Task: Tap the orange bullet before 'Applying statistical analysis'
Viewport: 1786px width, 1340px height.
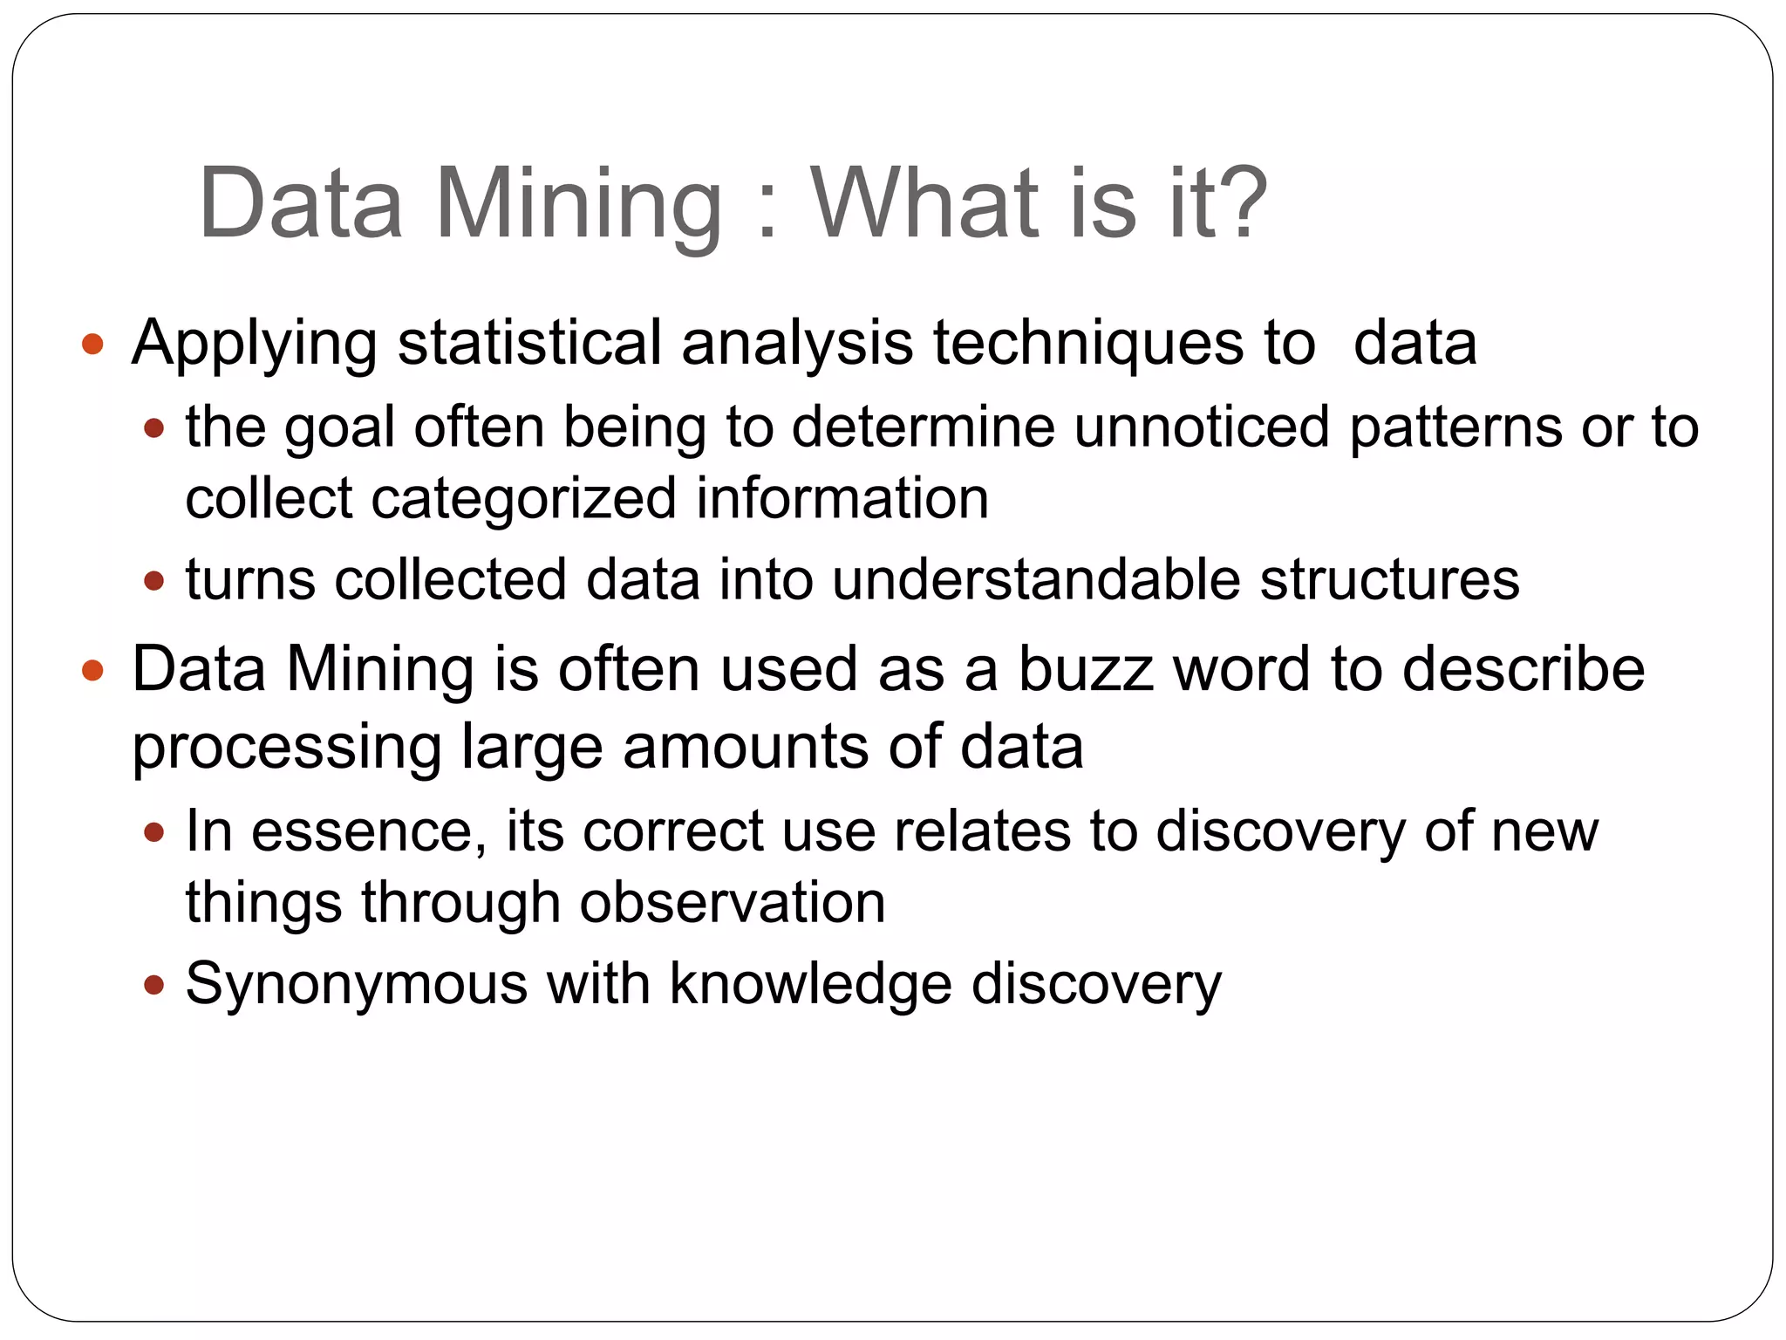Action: click(92, 344)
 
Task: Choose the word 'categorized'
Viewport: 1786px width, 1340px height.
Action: click(523, 499)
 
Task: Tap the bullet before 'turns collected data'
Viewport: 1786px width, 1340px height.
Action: click(154, 580)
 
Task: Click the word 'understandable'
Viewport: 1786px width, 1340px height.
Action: click(1035, 579)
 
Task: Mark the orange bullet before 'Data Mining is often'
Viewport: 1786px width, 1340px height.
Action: click(92, 671)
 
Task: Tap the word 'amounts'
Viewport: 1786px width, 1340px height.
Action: click(746, 748)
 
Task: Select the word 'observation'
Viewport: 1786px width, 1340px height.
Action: click(733, 902)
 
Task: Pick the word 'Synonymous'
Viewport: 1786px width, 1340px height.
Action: click(356, 984)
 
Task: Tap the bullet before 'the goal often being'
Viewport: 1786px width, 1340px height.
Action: click(154, 428)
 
